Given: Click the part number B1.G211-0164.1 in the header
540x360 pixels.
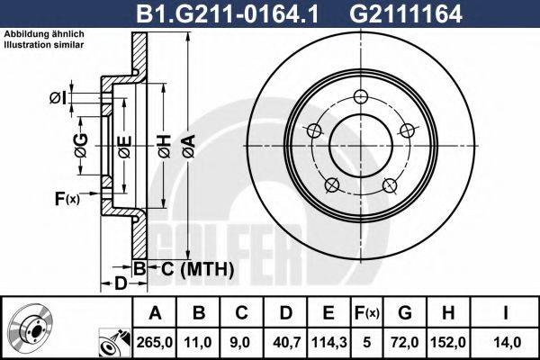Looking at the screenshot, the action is coord(228,13).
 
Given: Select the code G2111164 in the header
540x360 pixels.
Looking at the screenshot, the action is coord(406,13).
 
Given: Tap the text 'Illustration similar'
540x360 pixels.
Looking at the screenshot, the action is coord(44,45).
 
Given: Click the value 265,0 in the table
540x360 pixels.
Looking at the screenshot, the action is coord(155,343).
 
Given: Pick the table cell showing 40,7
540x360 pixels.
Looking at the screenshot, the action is coord(286,343).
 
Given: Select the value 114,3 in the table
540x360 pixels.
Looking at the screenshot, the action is coord(329,343).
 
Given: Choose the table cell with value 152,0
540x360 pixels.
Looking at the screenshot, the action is coord(448,343).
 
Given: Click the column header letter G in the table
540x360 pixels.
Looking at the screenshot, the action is coord(405,313).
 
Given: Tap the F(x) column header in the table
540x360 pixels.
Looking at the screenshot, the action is coord(367,313).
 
